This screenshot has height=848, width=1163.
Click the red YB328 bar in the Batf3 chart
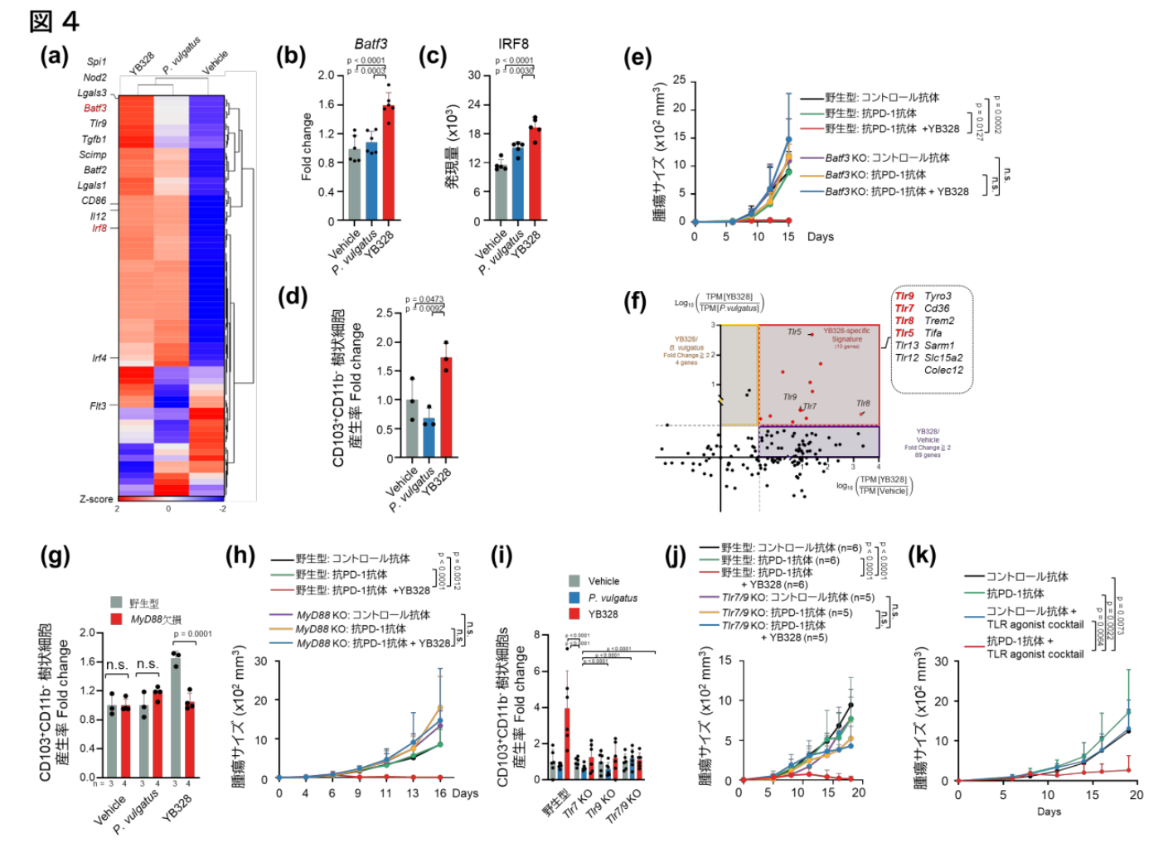(388, 162)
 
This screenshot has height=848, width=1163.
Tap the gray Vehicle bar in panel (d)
(411, 429)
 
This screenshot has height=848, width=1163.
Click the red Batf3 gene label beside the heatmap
(95, 109)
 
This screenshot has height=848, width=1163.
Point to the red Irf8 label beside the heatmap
(99, 228)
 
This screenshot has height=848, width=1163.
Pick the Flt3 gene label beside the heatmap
(98, 406)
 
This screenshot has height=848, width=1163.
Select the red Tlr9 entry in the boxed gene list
(904, 296)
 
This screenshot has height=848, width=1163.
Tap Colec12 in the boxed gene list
(943, 371)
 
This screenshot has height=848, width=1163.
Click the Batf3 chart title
(371, 44)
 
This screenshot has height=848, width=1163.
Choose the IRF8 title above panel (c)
(514, 44)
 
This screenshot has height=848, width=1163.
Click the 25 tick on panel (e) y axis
(680, 80)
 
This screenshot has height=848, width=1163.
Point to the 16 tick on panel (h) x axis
(439, 793)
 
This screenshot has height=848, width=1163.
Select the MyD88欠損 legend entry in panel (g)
(156, 619)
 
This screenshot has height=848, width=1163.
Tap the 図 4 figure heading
(54, 22)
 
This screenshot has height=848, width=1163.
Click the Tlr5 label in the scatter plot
(794, 332)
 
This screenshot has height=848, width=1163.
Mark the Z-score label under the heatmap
(96, 499)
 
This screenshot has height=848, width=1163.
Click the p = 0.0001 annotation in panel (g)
(193, 634)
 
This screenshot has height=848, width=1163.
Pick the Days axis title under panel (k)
(1049, 812)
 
